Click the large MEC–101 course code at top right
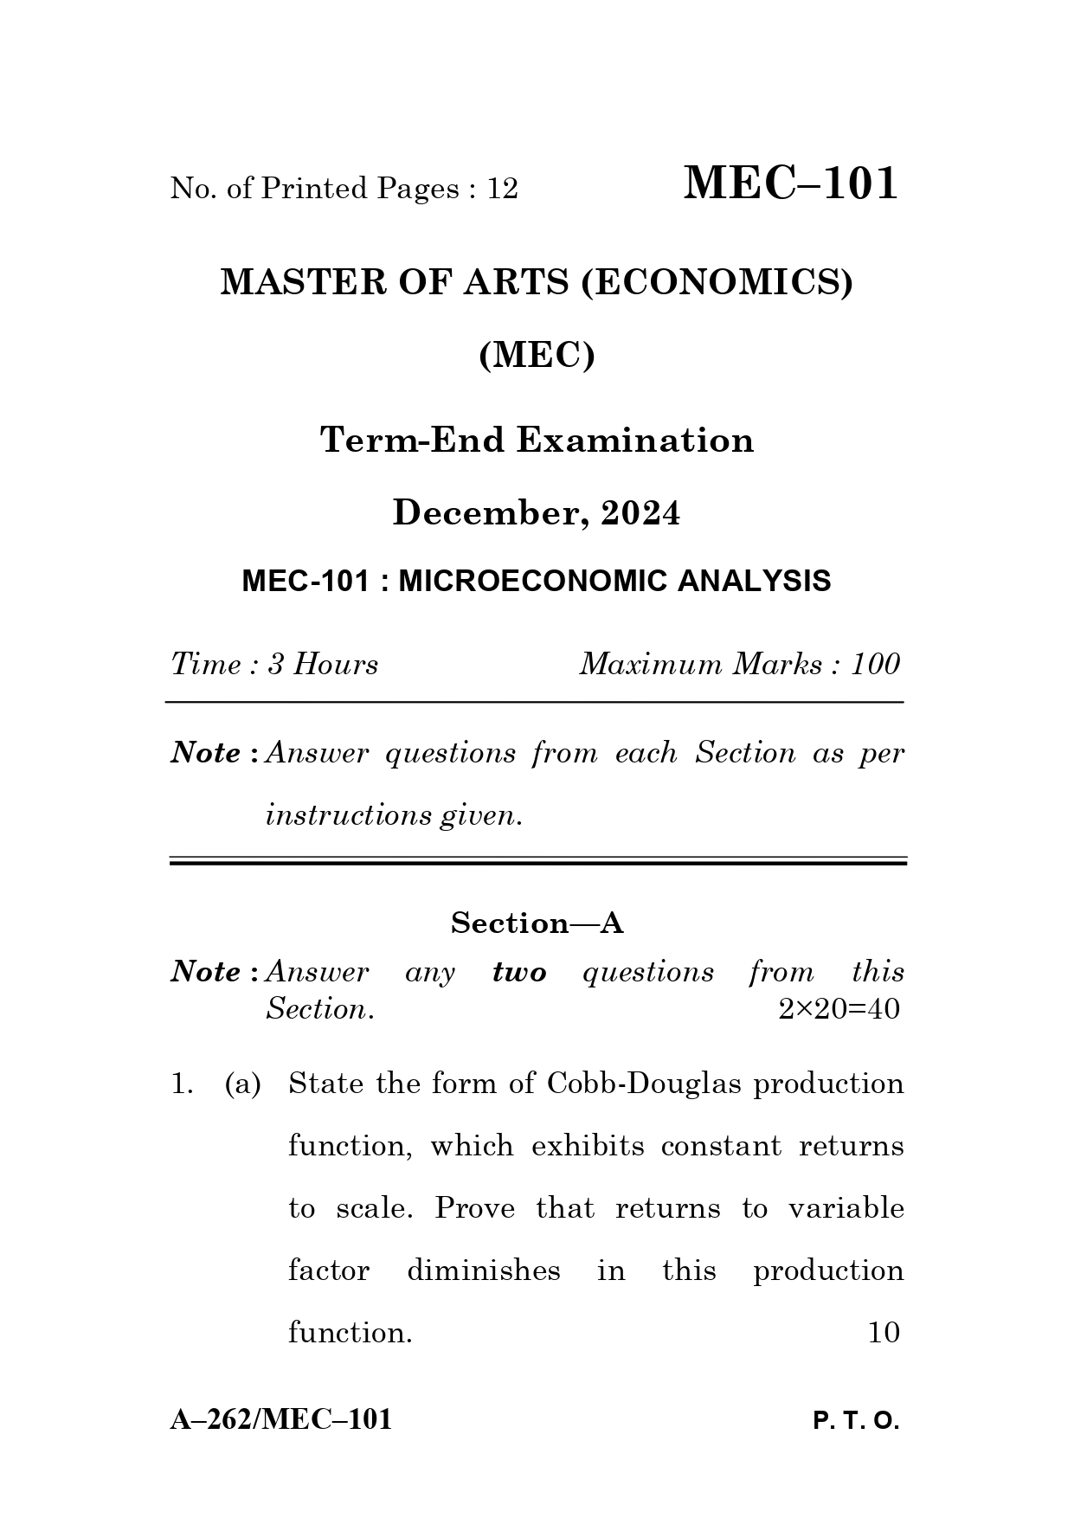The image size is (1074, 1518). click(790, 183)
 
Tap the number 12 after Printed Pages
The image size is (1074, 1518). click(502, 189)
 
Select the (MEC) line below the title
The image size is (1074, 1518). click(537, 355)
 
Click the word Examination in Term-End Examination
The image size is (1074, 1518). click(635, 441)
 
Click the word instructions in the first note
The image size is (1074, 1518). click(348, 815)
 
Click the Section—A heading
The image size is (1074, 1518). click(537, 923)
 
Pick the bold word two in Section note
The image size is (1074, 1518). click(519, 973)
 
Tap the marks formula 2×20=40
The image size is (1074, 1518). click(839, 1009)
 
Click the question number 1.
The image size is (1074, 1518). click(181, 1084)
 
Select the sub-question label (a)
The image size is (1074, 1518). click(242, 1084)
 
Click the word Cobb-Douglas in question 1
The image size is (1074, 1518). click(644, 1084)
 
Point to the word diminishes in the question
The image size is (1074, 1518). click(483, 1270)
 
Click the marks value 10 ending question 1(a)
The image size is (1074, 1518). click(884, 1333)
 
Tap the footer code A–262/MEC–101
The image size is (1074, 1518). click(281, 1420)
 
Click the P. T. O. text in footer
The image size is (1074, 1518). click(856, 1422)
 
